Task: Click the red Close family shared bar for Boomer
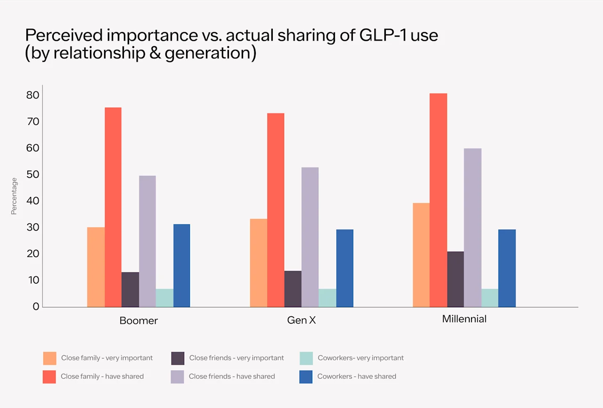coord(113,207)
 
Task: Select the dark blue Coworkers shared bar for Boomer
coord(181,266)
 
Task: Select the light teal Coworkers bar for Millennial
coord(490,298)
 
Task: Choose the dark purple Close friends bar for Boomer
coord(130,290)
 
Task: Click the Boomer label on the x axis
coord(139,321)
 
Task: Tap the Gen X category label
coord(301,320)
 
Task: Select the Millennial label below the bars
coord(464,319)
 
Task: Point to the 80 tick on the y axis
coord(33,95)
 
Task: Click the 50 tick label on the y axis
coord(33,175)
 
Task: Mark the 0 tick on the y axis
coord(36,307)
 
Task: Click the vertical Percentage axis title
coord(14,196)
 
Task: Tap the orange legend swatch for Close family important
coord(49,358)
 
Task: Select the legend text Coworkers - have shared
coord(357,376)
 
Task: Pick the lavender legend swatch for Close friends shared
coord(178,377)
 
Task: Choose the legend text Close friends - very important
coord(236,358)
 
